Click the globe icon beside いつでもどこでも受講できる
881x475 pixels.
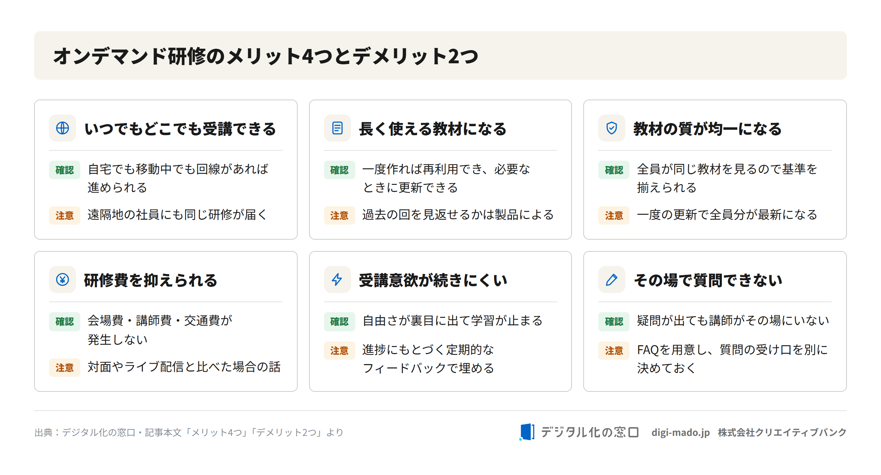[x=63, y=128]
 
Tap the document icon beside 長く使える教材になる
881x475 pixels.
[x=337, y=128]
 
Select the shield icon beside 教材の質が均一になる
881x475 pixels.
[x=611, y=128]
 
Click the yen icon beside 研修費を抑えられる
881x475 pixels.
[x=63, y=279]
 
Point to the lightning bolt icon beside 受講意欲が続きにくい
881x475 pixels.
[x=337, y=279]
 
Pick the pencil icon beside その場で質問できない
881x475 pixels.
[x=611, y=280]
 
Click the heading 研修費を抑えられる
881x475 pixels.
[x=150, y=280]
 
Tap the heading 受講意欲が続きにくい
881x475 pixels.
[x=433, y=280]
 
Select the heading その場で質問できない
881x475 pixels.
[x=708, y=280]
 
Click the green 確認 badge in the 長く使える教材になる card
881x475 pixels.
[x=339, y=170]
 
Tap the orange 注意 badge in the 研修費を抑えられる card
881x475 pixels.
[x=65, y=367]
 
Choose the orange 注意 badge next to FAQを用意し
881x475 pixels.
[x=614, y=351]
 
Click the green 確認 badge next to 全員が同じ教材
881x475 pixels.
[x=614, y=170]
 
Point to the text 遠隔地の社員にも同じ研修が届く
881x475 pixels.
[x=177, y=215]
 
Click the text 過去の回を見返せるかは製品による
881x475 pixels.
[x=458, y=215]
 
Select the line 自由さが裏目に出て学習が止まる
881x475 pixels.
[x=453, y=321]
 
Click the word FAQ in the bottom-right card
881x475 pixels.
[x=648, y=350]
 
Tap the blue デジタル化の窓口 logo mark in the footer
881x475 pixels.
[x=526, y=432]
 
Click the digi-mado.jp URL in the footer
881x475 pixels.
[x=680, y=432]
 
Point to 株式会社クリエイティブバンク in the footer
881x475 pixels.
[x=782, y=432]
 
